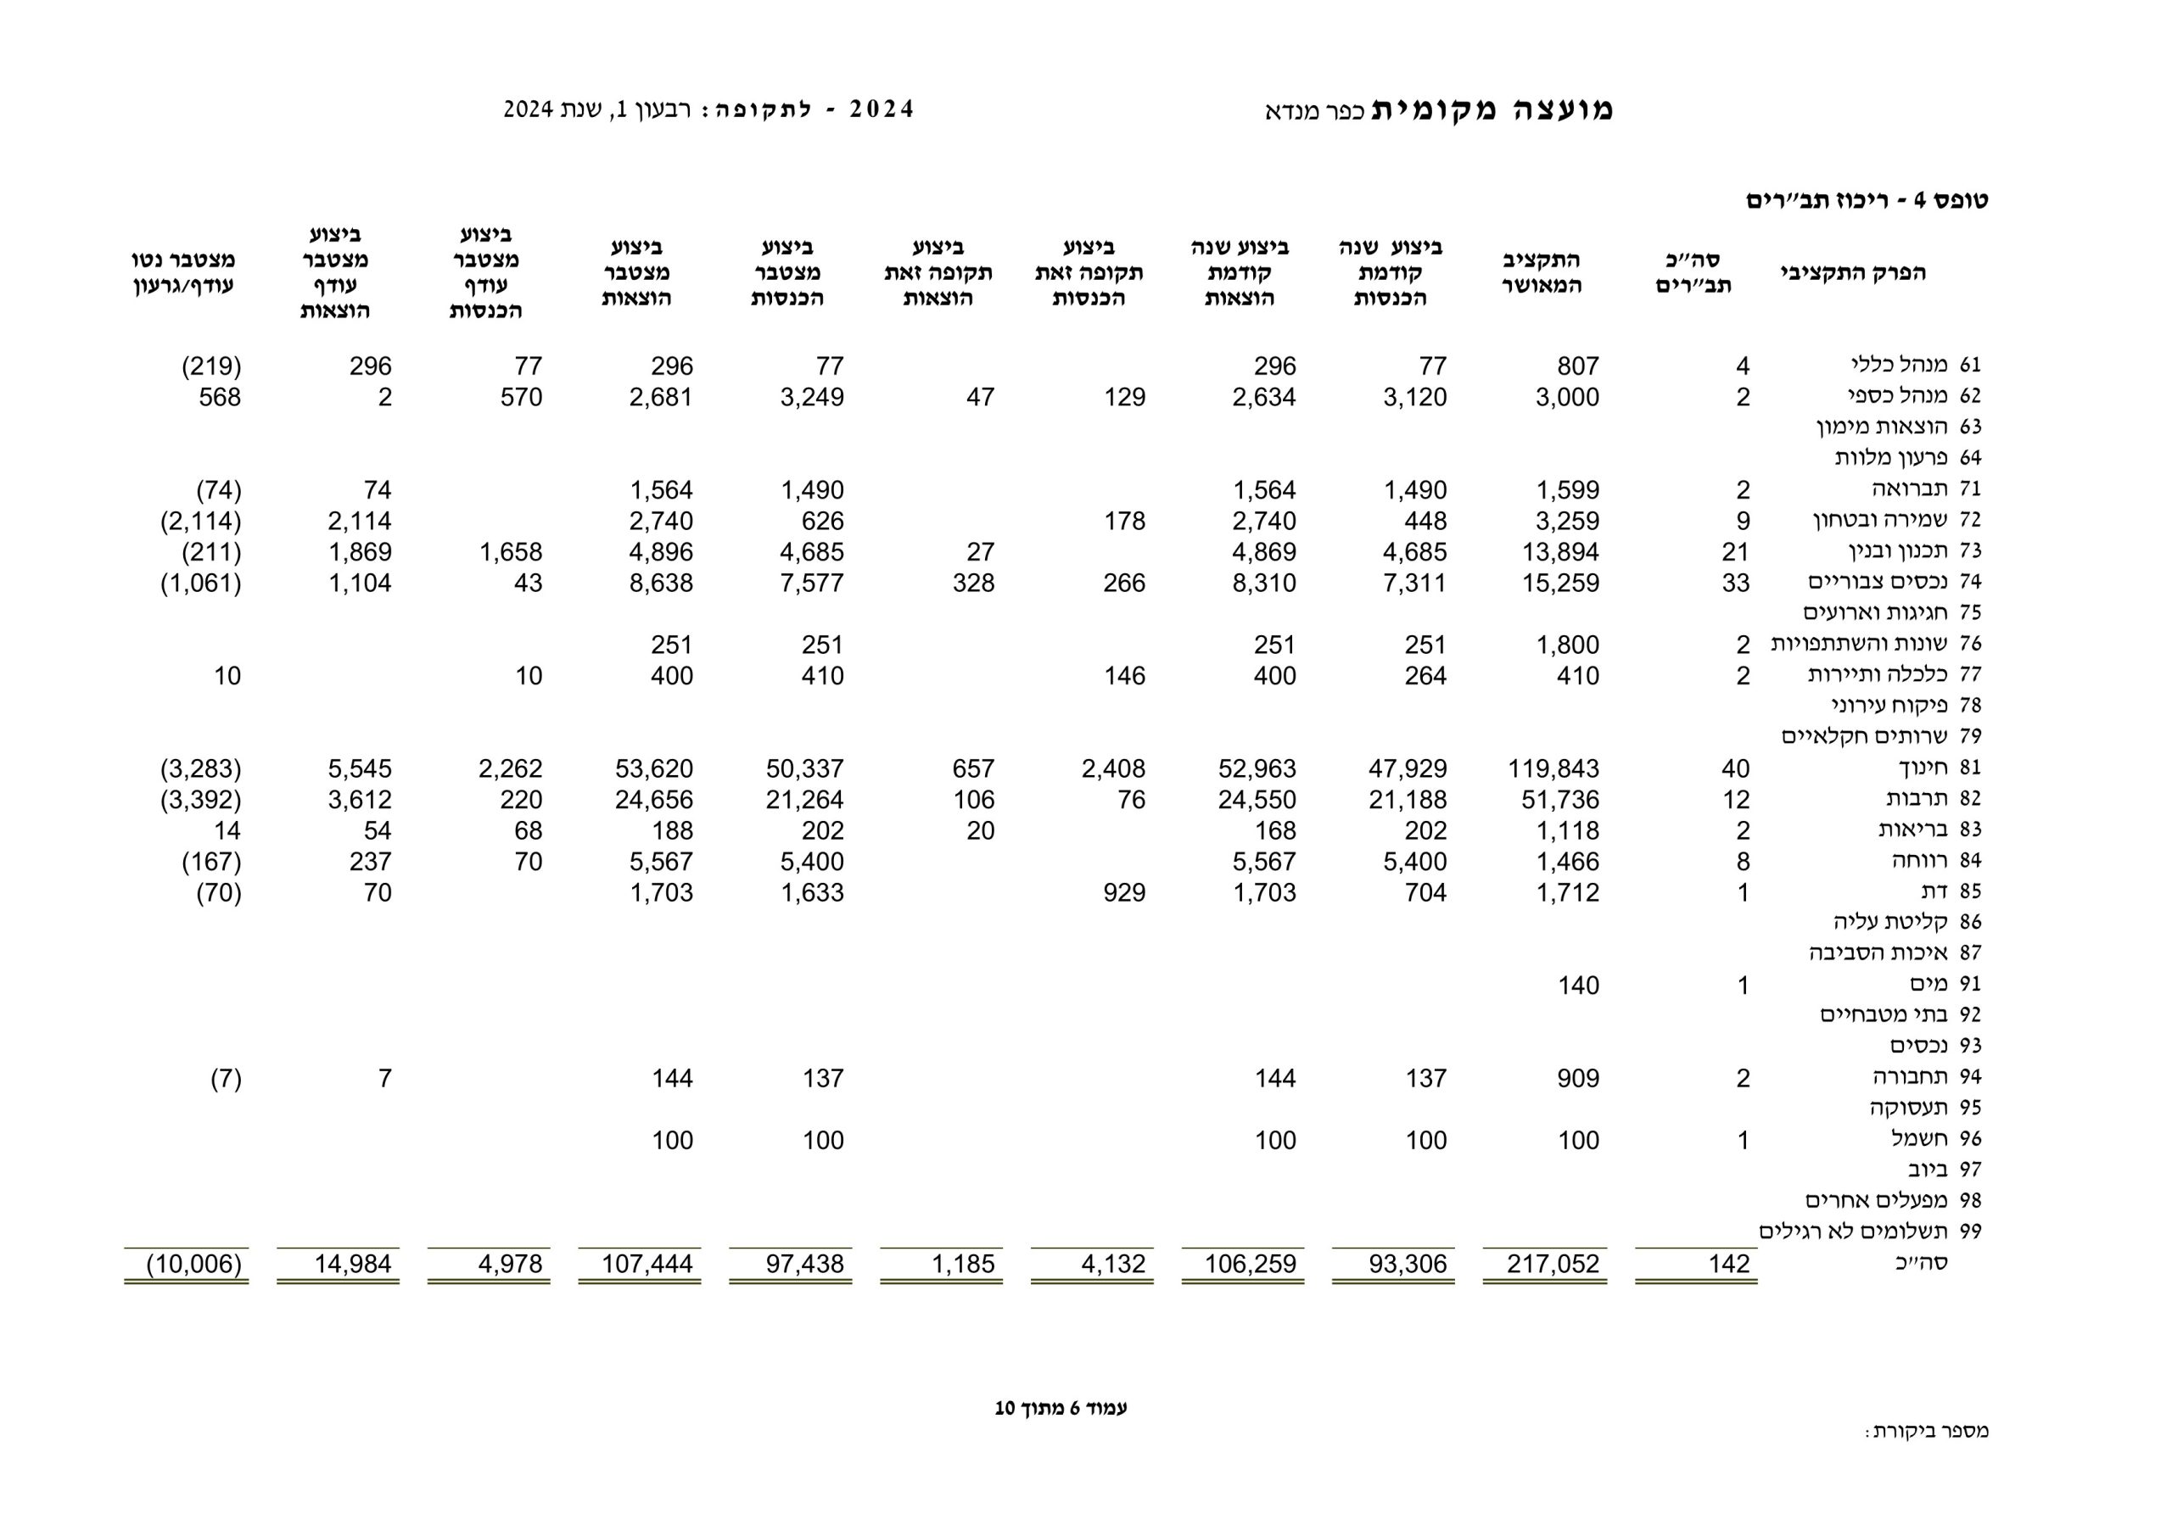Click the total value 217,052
click(1553, 1264)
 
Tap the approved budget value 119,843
click(1553, 769)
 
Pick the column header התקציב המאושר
click(1541, 272)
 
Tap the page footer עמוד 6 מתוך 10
click(1061, 1408)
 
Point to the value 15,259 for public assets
click(1560, 583)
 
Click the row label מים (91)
click(1931, 984)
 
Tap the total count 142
click(1728, 1264)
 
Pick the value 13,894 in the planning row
click(1560, 552)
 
